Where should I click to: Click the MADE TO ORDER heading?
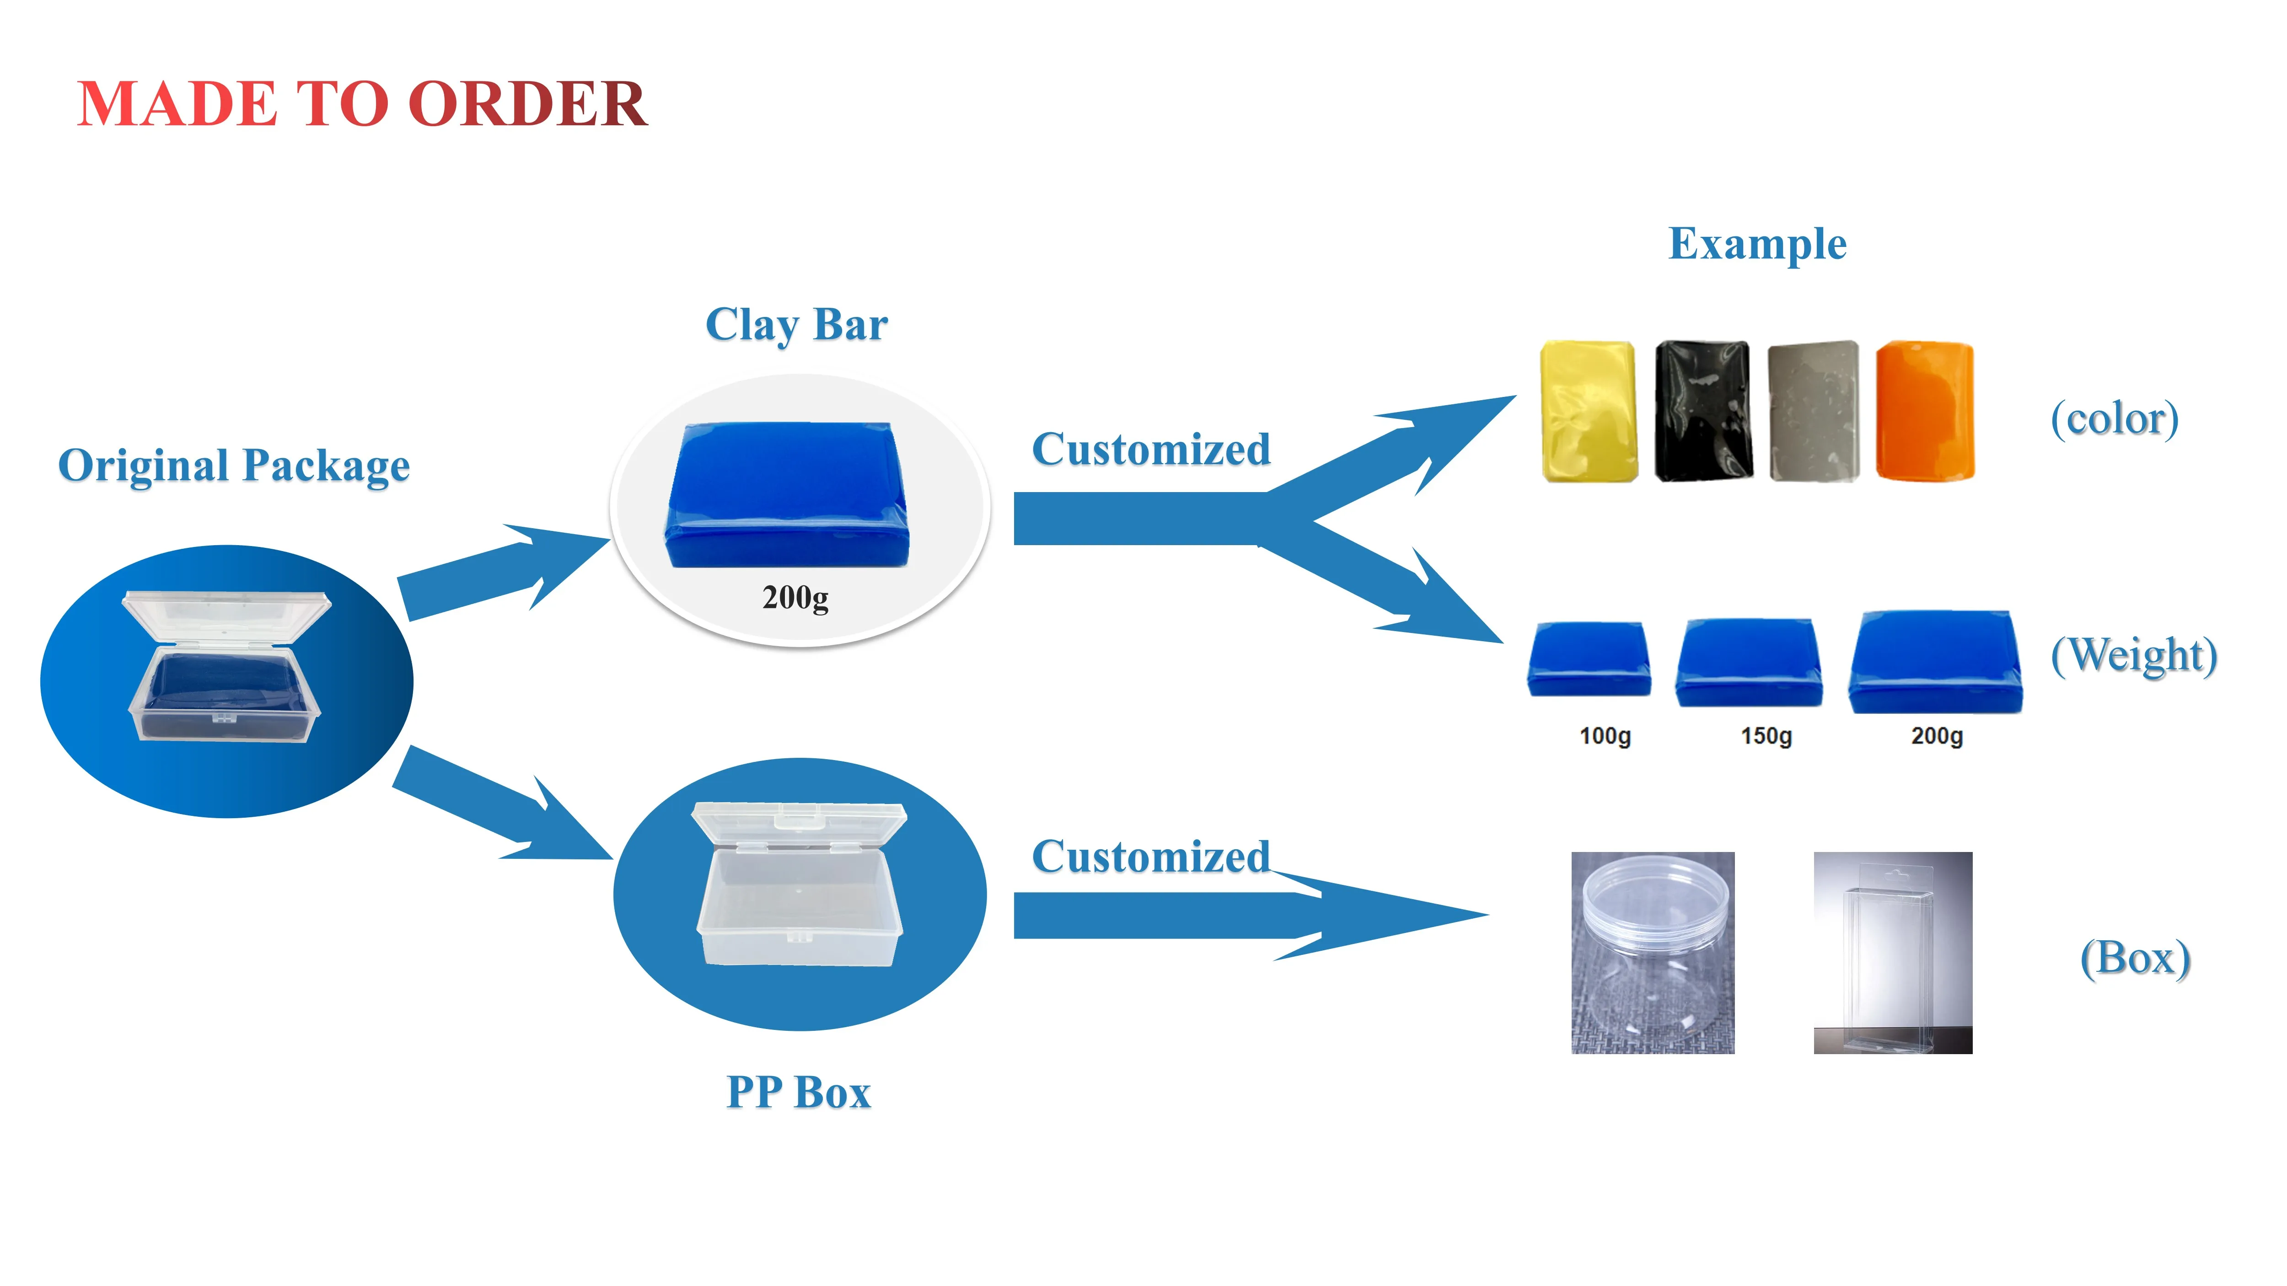(x=362, y=104)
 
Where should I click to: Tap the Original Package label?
(x=233, y=466)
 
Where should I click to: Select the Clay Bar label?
(x=796, y=325)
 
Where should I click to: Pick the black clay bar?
(x=1703, y=412)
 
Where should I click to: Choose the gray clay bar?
(x=1813, y=412)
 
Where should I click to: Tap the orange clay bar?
(x=1925, y=411)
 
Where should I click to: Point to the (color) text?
(x=2114, y=419)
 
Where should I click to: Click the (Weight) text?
(x=2133, y=656)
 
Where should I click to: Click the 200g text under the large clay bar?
(x=795, y=597)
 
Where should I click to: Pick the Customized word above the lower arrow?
(x=1151, y=857)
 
